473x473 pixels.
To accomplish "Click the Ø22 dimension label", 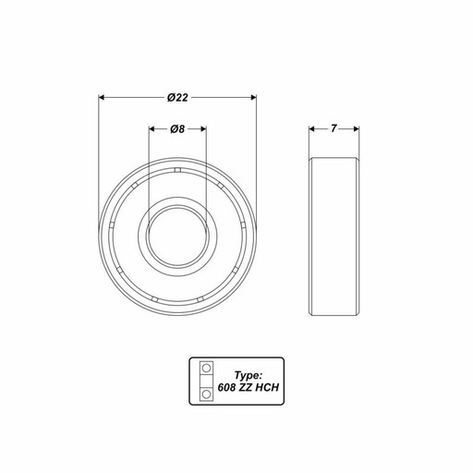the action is [177, 98].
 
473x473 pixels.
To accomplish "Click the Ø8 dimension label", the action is [177, 129].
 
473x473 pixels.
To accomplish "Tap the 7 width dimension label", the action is [334, 128].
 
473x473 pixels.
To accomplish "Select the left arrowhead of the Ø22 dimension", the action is [102, 98].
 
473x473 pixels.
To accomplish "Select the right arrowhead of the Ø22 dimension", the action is [253, 98].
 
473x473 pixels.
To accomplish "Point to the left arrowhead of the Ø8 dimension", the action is [152, 128].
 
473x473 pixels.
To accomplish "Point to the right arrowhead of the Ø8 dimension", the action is [202, 128].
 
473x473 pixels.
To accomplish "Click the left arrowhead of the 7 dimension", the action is [312, 128].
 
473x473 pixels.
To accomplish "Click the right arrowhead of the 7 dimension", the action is [356, 128].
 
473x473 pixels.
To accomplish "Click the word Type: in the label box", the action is [249, 376].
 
